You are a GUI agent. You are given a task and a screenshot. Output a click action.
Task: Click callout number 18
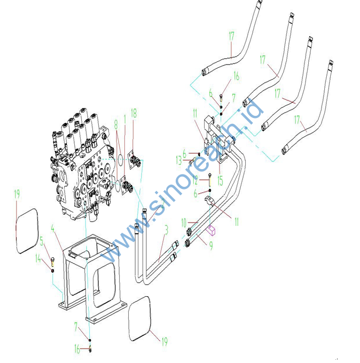pos(134,113)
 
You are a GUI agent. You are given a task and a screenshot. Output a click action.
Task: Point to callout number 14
pos(38,259)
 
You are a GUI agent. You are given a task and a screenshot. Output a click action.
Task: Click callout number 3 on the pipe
pos(166,230)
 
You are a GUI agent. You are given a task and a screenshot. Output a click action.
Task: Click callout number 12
pos(196,180)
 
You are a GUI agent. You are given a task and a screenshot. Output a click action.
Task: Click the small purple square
pos(212,231)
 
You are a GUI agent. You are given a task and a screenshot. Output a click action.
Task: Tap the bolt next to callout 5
pos(53,261)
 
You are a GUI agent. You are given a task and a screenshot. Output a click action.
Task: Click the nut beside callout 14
pos(53,271)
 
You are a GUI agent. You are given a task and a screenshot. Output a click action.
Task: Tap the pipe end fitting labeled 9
pos(189,243)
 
